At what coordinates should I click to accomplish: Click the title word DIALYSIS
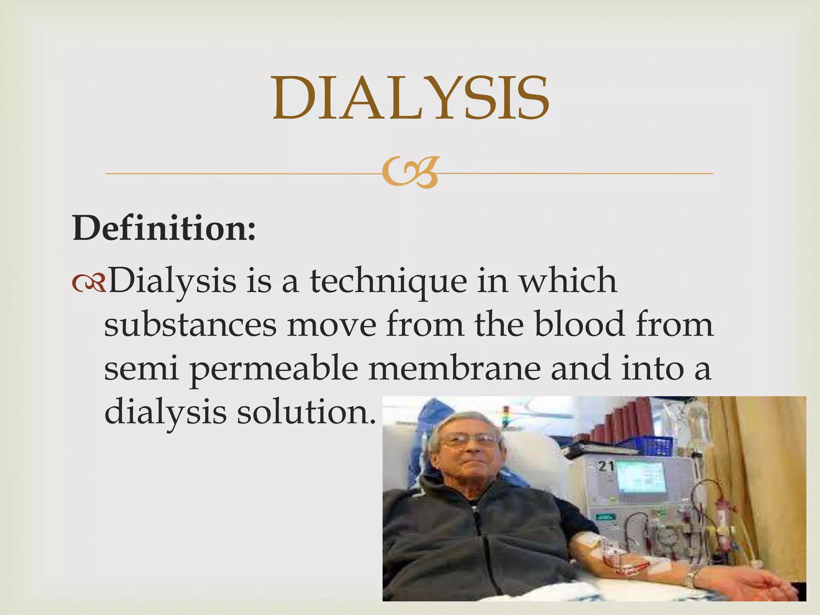point(411,98)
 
